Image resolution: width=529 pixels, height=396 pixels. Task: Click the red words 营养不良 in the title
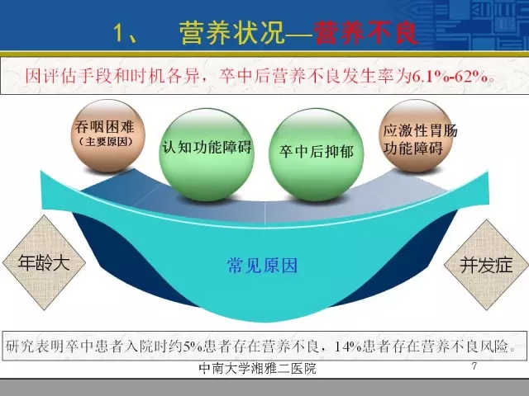click(x=366, y=34)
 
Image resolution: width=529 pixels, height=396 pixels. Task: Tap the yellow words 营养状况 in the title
click(x=231, y=34)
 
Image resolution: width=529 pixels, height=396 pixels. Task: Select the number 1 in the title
click(x=119, y=34)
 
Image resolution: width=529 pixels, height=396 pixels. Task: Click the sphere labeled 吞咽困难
click(x=107, y=135)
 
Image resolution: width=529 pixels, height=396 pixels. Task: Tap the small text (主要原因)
click(x=105, y=141)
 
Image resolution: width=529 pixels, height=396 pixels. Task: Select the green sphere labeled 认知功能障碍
click(x=207, y=154)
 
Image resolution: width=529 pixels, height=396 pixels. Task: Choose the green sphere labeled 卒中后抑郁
click(x=316, y=154)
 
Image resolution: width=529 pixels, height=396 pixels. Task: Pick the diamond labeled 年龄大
click(x=44, y=262)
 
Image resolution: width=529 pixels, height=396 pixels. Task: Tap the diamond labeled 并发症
click(x=486, y=265)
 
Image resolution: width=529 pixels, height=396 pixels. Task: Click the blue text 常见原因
click(x=262, y=266)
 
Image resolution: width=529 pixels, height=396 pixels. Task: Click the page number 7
click(x=474, y=365)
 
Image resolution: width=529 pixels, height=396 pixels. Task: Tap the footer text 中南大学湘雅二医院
click(x=257, y=369)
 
